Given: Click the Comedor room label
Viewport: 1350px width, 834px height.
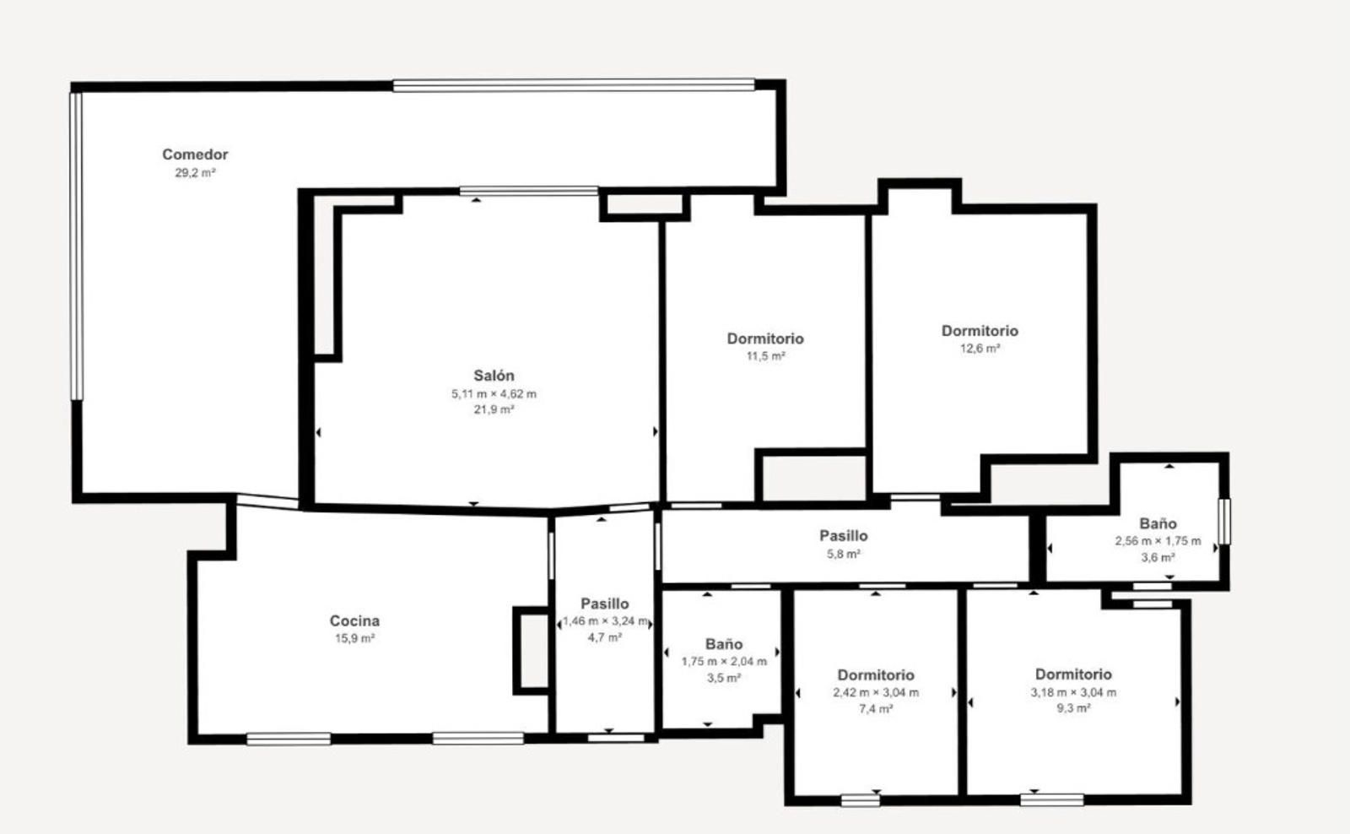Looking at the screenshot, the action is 195,154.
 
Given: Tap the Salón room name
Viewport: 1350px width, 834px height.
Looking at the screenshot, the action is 494,376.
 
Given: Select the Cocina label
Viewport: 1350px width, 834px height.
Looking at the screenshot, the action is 354,620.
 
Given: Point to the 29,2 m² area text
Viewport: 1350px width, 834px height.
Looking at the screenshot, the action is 195,173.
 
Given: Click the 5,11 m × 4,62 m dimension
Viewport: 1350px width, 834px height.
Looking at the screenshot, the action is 494,394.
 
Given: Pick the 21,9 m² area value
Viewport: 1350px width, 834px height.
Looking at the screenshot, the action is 494,410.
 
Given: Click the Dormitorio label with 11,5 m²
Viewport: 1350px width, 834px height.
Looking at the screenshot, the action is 765,338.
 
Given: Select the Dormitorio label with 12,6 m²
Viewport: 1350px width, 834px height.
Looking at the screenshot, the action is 980,330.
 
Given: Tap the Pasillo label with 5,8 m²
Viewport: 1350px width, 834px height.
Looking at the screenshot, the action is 844,535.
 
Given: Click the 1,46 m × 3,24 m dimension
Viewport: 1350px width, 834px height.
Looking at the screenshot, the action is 605,622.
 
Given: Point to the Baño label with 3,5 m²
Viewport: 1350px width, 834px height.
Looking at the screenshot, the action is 724,644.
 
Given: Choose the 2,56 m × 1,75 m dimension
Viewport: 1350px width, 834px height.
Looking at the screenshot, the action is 1158,542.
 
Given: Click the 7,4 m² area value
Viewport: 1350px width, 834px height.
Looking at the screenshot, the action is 876,709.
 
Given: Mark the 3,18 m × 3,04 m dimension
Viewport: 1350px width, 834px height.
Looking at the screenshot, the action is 1073,693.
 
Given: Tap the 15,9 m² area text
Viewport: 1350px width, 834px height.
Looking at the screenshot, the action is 354,639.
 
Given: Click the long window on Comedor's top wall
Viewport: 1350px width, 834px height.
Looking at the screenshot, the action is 574,85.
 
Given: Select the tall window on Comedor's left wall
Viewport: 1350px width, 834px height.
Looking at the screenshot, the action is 76,246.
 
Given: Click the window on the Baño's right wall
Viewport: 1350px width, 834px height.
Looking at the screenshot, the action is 1224,522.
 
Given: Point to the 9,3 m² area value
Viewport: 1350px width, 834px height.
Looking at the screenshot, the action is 1073,708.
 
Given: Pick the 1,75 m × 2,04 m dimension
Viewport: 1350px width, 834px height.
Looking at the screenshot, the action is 724,662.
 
